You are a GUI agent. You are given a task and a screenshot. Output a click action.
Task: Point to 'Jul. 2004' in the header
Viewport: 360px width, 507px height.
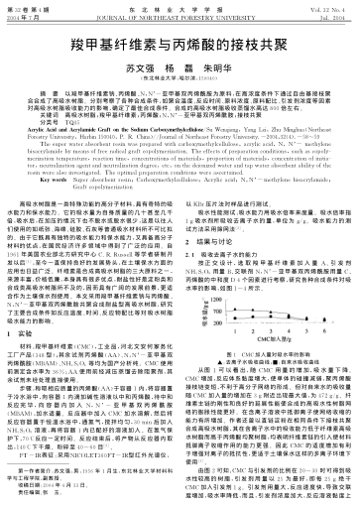click(x=330, y=15)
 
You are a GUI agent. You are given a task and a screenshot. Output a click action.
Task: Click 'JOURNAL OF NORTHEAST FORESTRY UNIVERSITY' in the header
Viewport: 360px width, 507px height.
click(x=180, y=15)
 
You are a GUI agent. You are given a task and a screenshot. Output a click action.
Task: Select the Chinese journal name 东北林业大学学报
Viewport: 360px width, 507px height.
click(x=180, y=7)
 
